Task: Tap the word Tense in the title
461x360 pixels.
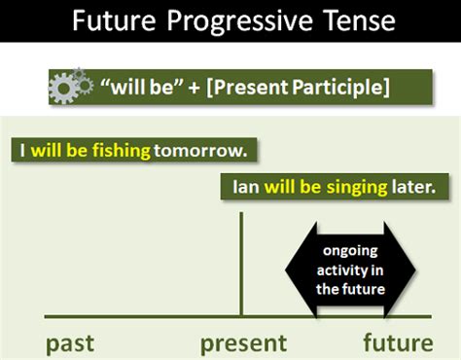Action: point(356,20)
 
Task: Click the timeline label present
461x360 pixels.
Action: point(243,342)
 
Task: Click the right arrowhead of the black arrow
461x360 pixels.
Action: point(407,268)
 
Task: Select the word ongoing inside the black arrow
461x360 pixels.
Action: point(351,251)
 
